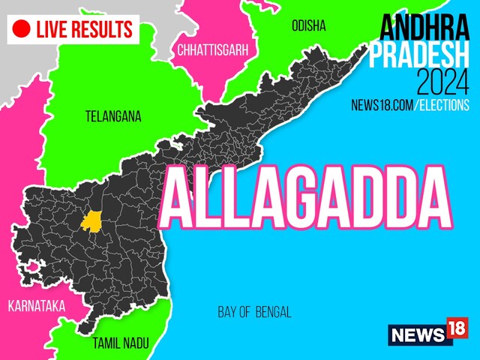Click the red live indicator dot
coord(22,29)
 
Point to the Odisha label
coord(308,26)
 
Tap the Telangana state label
coord(112,116)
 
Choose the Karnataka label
coord(36,306)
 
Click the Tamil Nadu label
coord(121,343)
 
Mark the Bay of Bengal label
coord(254,312)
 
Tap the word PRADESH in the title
coord(421,54)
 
